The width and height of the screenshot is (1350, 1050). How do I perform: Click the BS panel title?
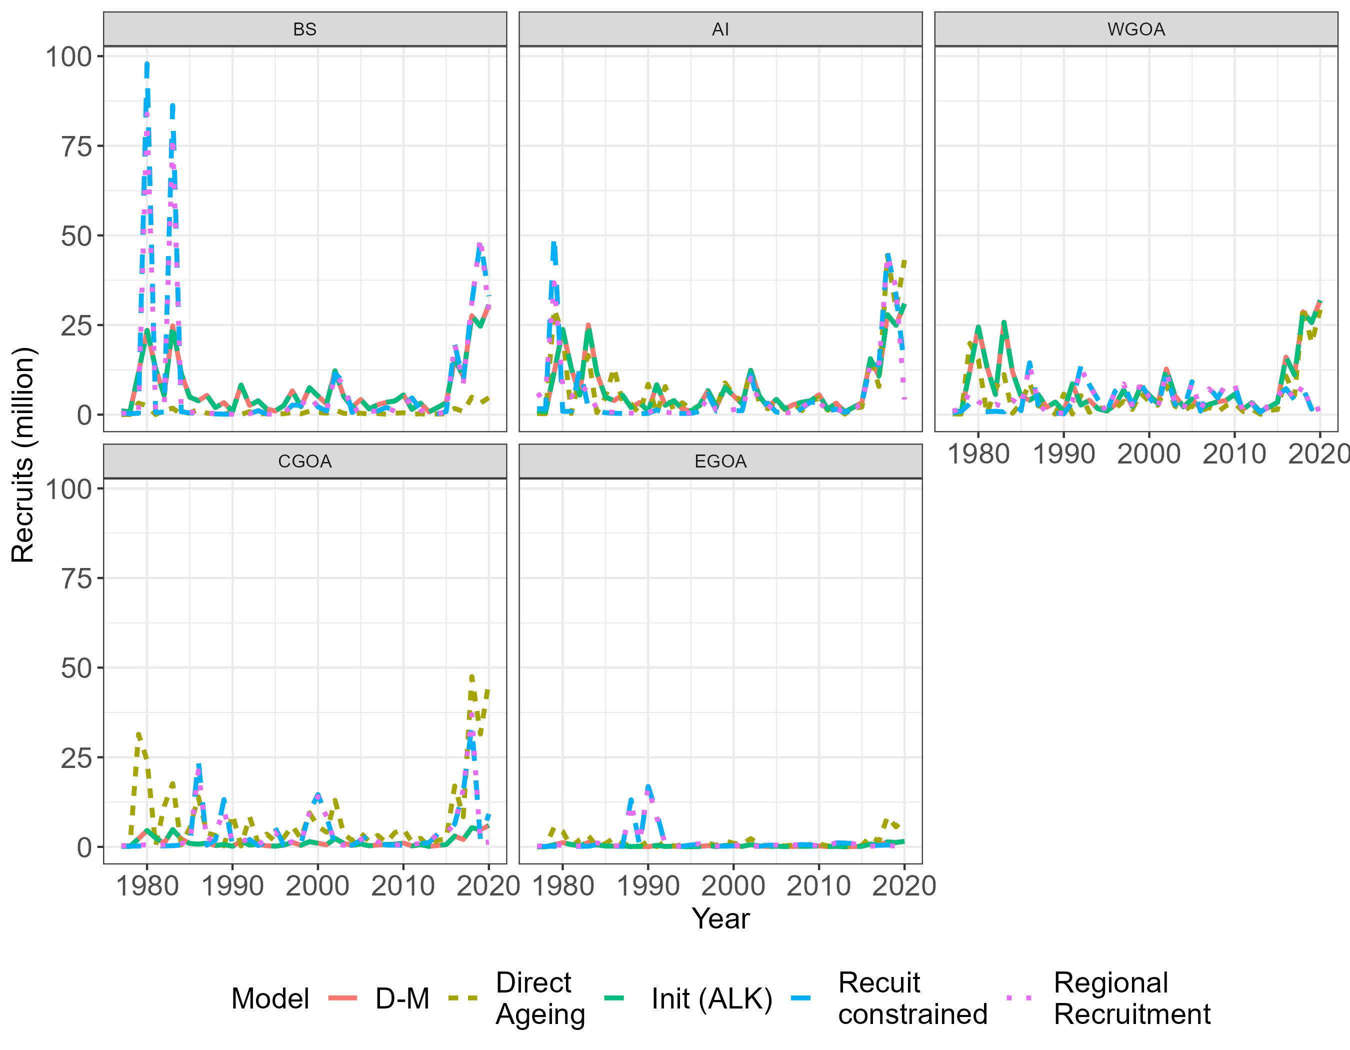coord(304,29)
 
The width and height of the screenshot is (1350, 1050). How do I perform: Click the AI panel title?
coord(720,29)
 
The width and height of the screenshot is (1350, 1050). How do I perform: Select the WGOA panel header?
coord(1136,29)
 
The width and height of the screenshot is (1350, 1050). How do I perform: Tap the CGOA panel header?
coord(304,461)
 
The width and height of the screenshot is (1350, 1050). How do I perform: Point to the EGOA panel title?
coord(720,461)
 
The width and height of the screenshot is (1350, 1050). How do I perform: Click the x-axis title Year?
coord(720,918)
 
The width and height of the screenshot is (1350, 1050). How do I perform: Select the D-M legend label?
coord(402,998)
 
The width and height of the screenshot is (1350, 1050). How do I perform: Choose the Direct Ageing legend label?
coord(539,998)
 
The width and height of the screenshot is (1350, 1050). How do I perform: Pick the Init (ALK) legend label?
coord(711,998)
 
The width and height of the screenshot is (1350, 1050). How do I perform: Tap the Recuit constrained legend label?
coord(912,998)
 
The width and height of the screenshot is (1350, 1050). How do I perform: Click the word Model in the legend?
coord(270,998)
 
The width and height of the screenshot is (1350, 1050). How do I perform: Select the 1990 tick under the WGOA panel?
coord(1064,454)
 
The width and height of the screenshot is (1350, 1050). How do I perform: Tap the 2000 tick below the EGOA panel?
coord(733,886)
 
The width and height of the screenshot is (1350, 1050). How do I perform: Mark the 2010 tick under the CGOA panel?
coord(403,886)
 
